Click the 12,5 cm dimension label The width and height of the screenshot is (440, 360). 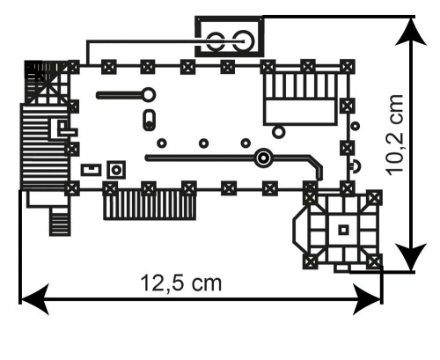click(181, 283)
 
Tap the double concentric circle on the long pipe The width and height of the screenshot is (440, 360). click(261, 158)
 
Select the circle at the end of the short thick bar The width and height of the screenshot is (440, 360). click(148, 94)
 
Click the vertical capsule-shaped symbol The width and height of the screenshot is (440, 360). click(148, 121)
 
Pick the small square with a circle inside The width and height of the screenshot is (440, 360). click(115, 168)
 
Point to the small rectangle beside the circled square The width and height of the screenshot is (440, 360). click(90, 168)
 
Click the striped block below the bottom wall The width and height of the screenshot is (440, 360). click(149, 206)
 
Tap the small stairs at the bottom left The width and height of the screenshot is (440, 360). click(59, 223)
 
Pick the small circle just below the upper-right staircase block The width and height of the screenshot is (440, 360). click(278, 132)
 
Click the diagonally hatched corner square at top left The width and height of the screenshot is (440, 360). click(40, 80)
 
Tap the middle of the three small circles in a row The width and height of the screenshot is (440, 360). click(203, 143)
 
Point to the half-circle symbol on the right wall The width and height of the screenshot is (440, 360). click(354, 165)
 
